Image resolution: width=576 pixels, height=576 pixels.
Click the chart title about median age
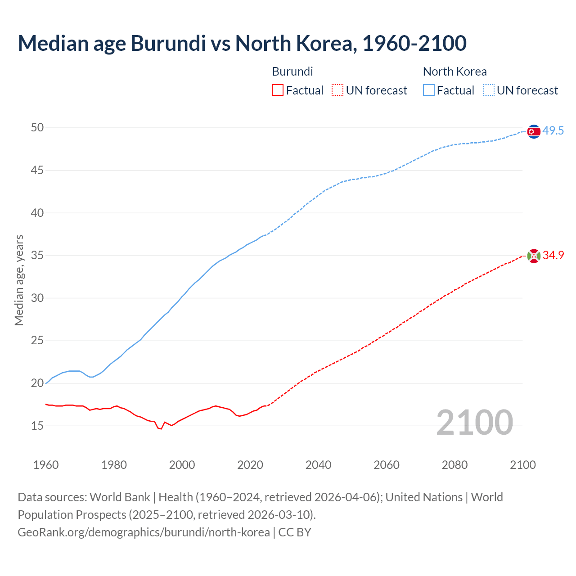(242, 43)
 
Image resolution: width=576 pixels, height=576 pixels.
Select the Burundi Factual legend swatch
(278, 90)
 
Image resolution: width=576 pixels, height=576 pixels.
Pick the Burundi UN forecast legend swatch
(337, 90)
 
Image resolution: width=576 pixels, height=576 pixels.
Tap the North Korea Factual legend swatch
(429, 90)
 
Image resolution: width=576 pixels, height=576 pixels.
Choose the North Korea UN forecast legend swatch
(489, 90)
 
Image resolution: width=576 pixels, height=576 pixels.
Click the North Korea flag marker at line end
(534, 131)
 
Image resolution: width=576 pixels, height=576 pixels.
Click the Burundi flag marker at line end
(534, 256)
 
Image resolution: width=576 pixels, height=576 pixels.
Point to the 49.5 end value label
(553, 131)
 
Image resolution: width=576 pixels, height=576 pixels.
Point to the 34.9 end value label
(553, 256)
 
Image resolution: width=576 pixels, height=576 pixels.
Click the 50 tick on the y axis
(37, 128)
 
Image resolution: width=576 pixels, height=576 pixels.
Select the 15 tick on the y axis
(37, 426)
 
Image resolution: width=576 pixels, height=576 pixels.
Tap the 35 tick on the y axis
(37, 256)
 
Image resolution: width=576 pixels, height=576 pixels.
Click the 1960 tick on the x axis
(46, 465)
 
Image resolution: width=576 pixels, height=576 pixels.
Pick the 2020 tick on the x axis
(250, 465)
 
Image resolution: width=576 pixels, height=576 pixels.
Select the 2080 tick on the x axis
(454, 465)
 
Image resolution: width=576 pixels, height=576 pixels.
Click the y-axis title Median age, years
(19, 280)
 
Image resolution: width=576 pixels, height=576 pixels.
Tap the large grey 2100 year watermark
(475, 423)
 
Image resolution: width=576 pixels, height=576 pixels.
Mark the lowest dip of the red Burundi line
(161, 429)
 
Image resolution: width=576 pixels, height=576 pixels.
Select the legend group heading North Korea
(454, 72)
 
